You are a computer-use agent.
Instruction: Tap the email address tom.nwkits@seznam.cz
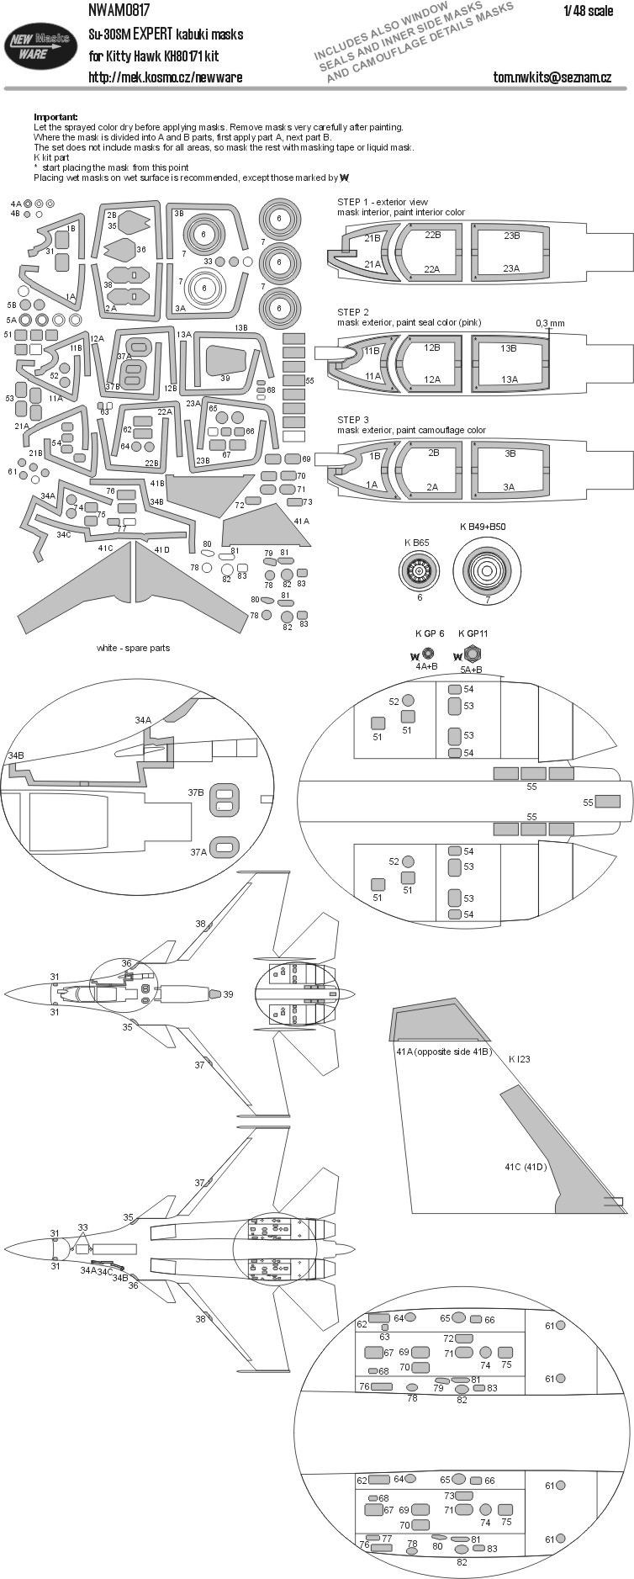(x=552, y=77)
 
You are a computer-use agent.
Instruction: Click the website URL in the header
(x=165, y=77)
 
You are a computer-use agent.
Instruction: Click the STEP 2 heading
(x=353, y=312)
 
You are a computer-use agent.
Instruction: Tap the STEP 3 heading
(x=353, y=420)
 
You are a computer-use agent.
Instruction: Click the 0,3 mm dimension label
(x=550, y=323)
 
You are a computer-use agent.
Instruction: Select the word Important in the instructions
(x=55, y=116)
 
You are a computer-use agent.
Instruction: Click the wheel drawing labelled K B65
(x=420, y=573)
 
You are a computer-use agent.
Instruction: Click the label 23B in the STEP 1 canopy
(x=511, y=236)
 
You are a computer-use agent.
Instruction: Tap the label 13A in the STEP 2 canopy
(x=509, y=379)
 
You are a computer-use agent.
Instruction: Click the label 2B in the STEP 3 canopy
(x=433, y=453)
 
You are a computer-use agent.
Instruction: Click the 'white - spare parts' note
(x=133, y=648)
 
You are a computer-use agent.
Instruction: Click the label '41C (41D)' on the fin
(x=526, y=1167)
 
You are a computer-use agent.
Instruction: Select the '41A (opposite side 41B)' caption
(x=442, y=1052)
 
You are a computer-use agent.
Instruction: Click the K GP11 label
(x=473, y=633)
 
